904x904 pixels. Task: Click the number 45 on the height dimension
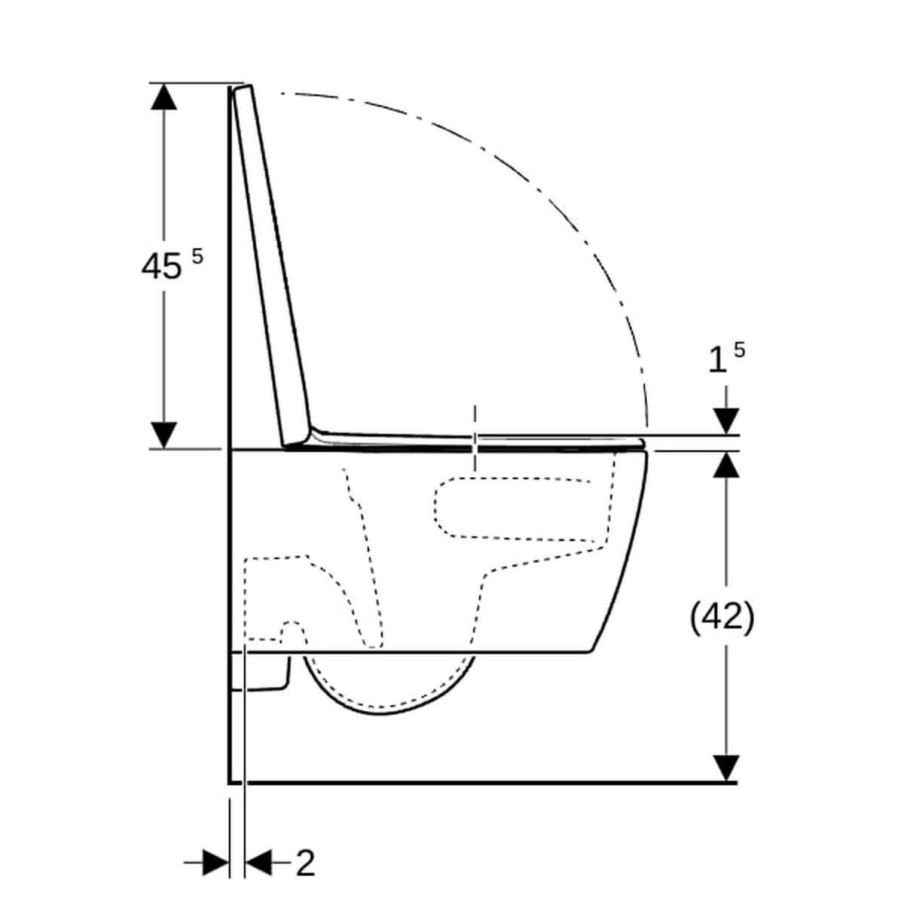[x=161, y=266]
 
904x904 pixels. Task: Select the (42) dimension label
[x=722, y=617]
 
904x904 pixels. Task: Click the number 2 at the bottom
[x=304, y=863]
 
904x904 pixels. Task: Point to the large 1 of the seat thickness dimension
[x=718, y=360]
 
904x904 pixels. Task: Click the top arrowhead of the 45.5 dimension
[x=163, y=96]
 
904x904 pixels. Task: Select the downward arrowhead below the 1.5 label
[x=726, y=420]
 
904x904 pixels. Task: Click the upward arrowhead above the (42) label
[x=726, y=466]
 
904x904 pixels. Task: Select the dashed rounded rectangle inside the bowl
[x=520, y=508]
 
